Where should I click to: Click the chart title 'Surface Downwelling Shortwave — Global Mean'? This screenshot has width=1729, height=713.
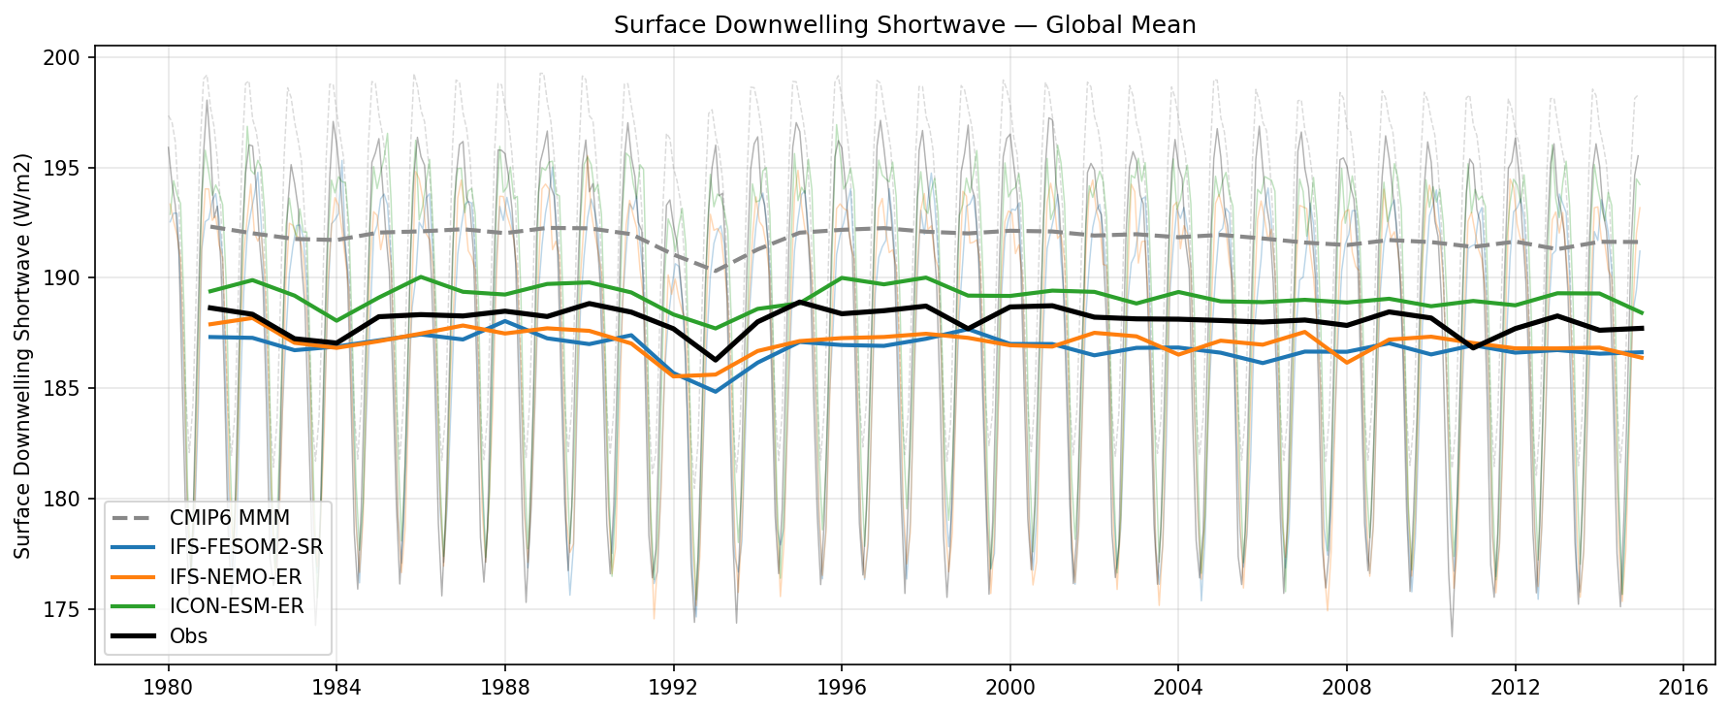(x=904, y=25)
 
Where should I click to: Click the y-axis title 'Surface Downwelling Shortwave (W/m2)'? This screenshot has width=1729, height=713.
(x=23, y=355)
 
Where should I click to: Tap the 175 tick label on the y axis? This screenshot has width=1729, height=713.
(x=68, y=610)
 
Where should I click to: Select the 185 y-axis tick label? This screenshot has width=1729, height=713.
(x=68, y=389)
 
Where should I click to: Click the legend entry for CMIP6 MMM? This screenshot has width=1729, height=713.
(x=230, y=518)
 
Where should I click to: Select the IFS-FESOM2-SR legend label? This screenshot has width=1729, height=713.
(x=246, y=547)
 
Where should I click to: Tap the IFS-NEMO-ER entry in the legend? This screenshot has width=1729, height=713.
(x=236, y=577)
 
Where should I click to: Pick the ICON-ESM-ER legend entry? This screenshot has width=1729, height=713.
(x=237, y=606)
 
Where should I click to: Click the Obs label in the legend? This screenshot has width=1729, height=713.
(x=188, y=636)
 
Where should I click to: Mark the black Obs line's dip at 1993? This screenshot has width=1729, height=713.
(x=716, y=360)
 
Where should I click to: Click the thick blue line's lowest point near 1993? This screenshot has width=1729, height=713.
(x=716, y=392)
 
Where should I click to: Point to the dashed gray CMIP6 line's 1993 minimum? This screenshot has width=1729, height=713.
(x=716, y=271)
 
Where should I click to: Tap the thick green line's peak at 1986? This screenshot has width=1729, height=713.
(x=421, y=276)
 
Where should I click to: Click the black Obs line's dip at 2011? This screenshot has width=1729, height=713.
(x=1473, y=348)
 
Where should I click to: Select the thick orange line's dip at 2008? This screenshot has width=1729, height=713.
(x=1347, y=363)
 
